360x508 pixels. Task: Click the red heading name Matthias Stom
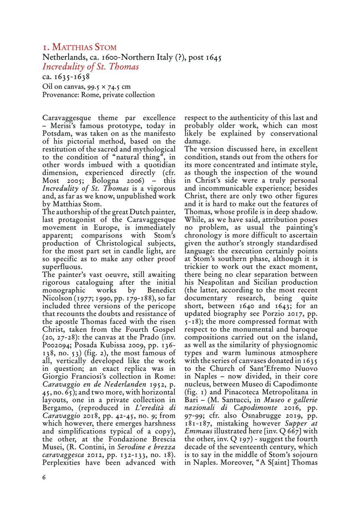pos(84,47)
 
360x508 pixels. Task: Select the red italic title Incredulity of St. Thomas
pos(90,67)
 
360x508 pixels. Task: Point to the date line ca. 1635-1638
pos(66,77)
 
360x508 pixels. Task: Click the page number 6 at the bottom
pos(44,477)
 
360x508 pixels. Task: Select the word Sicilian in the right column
pos(259,282)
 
